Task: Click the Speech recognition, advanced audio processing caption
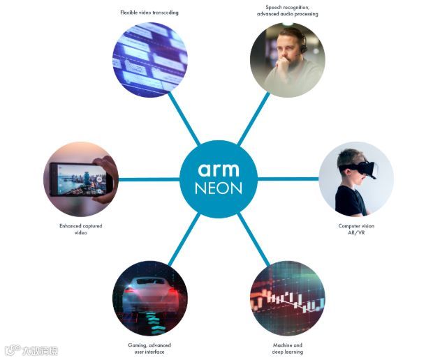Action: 287,10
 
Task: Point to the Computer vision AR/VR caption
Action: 357,230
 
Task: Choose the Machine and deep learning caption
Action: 287,348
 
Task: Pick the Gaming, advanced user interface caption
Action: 149,348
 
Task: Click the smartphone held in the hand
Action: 77,178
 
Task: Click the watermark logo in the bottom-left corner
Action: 31,350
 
